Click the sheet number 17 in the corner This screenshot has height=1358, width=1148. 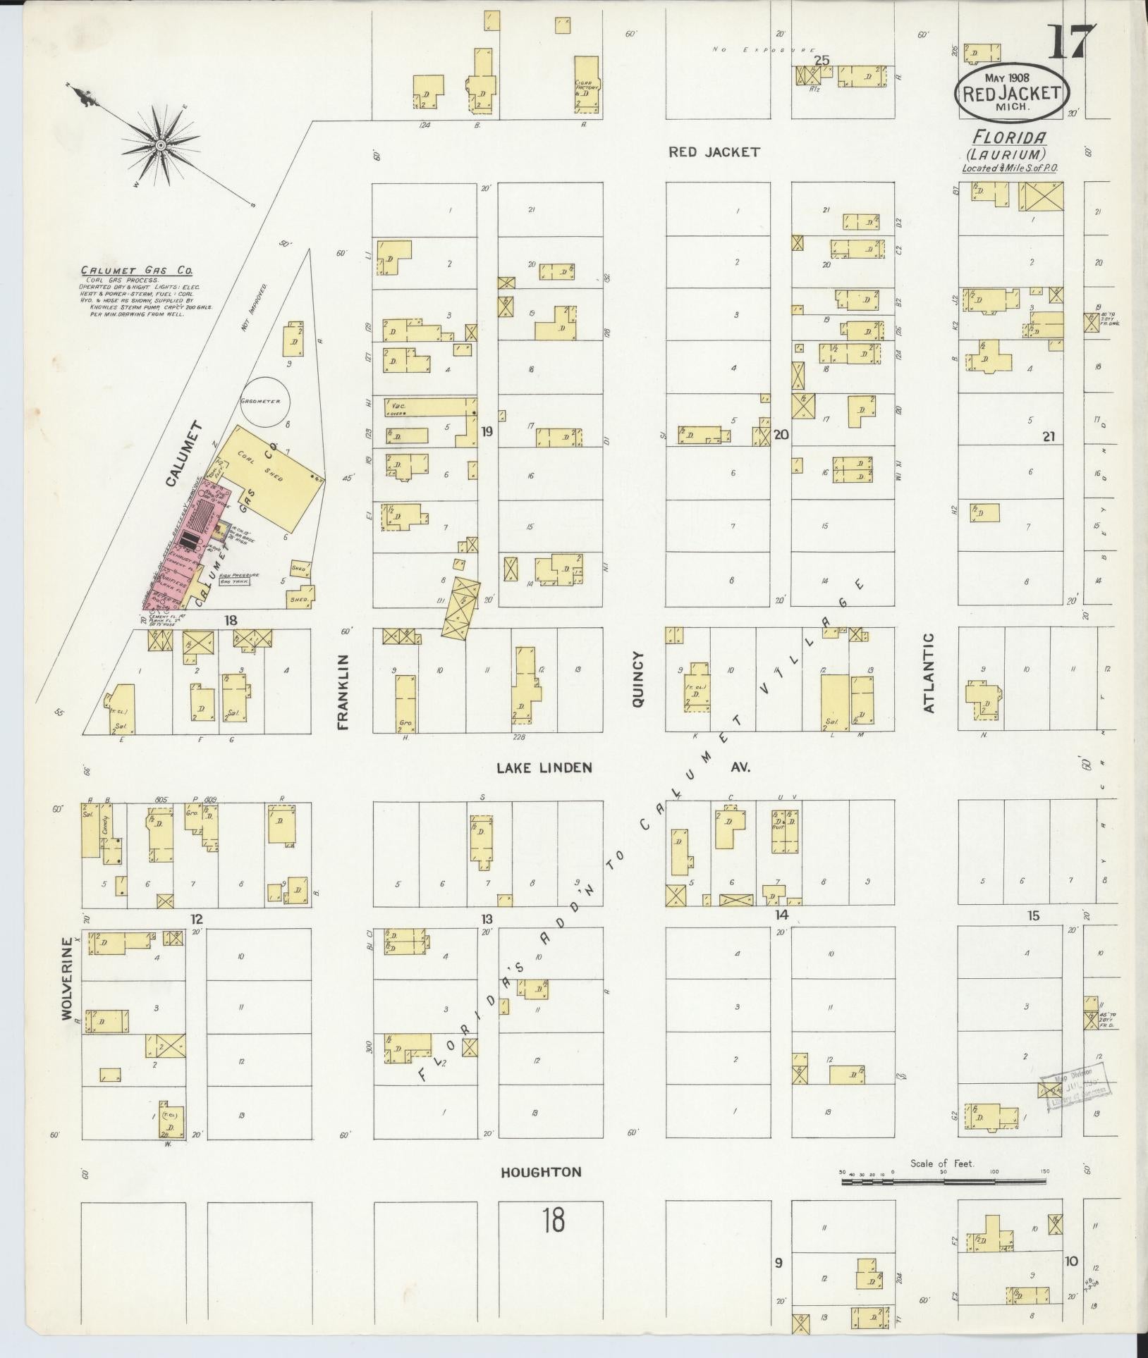click(x=1071, y=43)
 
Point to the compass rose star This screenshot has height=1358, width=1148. click(x=161, y=145)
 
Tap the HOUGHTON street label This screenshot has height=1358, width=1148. click(x=541, y=1173)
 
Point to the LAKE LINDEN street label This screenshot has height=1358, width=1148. click(x=544, y=767)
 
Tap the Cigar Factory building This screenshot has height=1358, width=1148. click(x=587, y=87)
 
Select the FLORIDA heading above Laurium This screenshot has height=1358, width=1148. click(x=1007, y=137)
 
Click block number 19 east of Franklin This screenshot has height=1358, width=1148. click(x=487, y=431)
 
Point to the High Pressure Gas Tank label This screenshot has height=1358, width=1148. click(x=239, y=579)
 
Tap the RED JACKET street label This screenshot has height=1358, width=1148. click(x=714, y=152)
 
